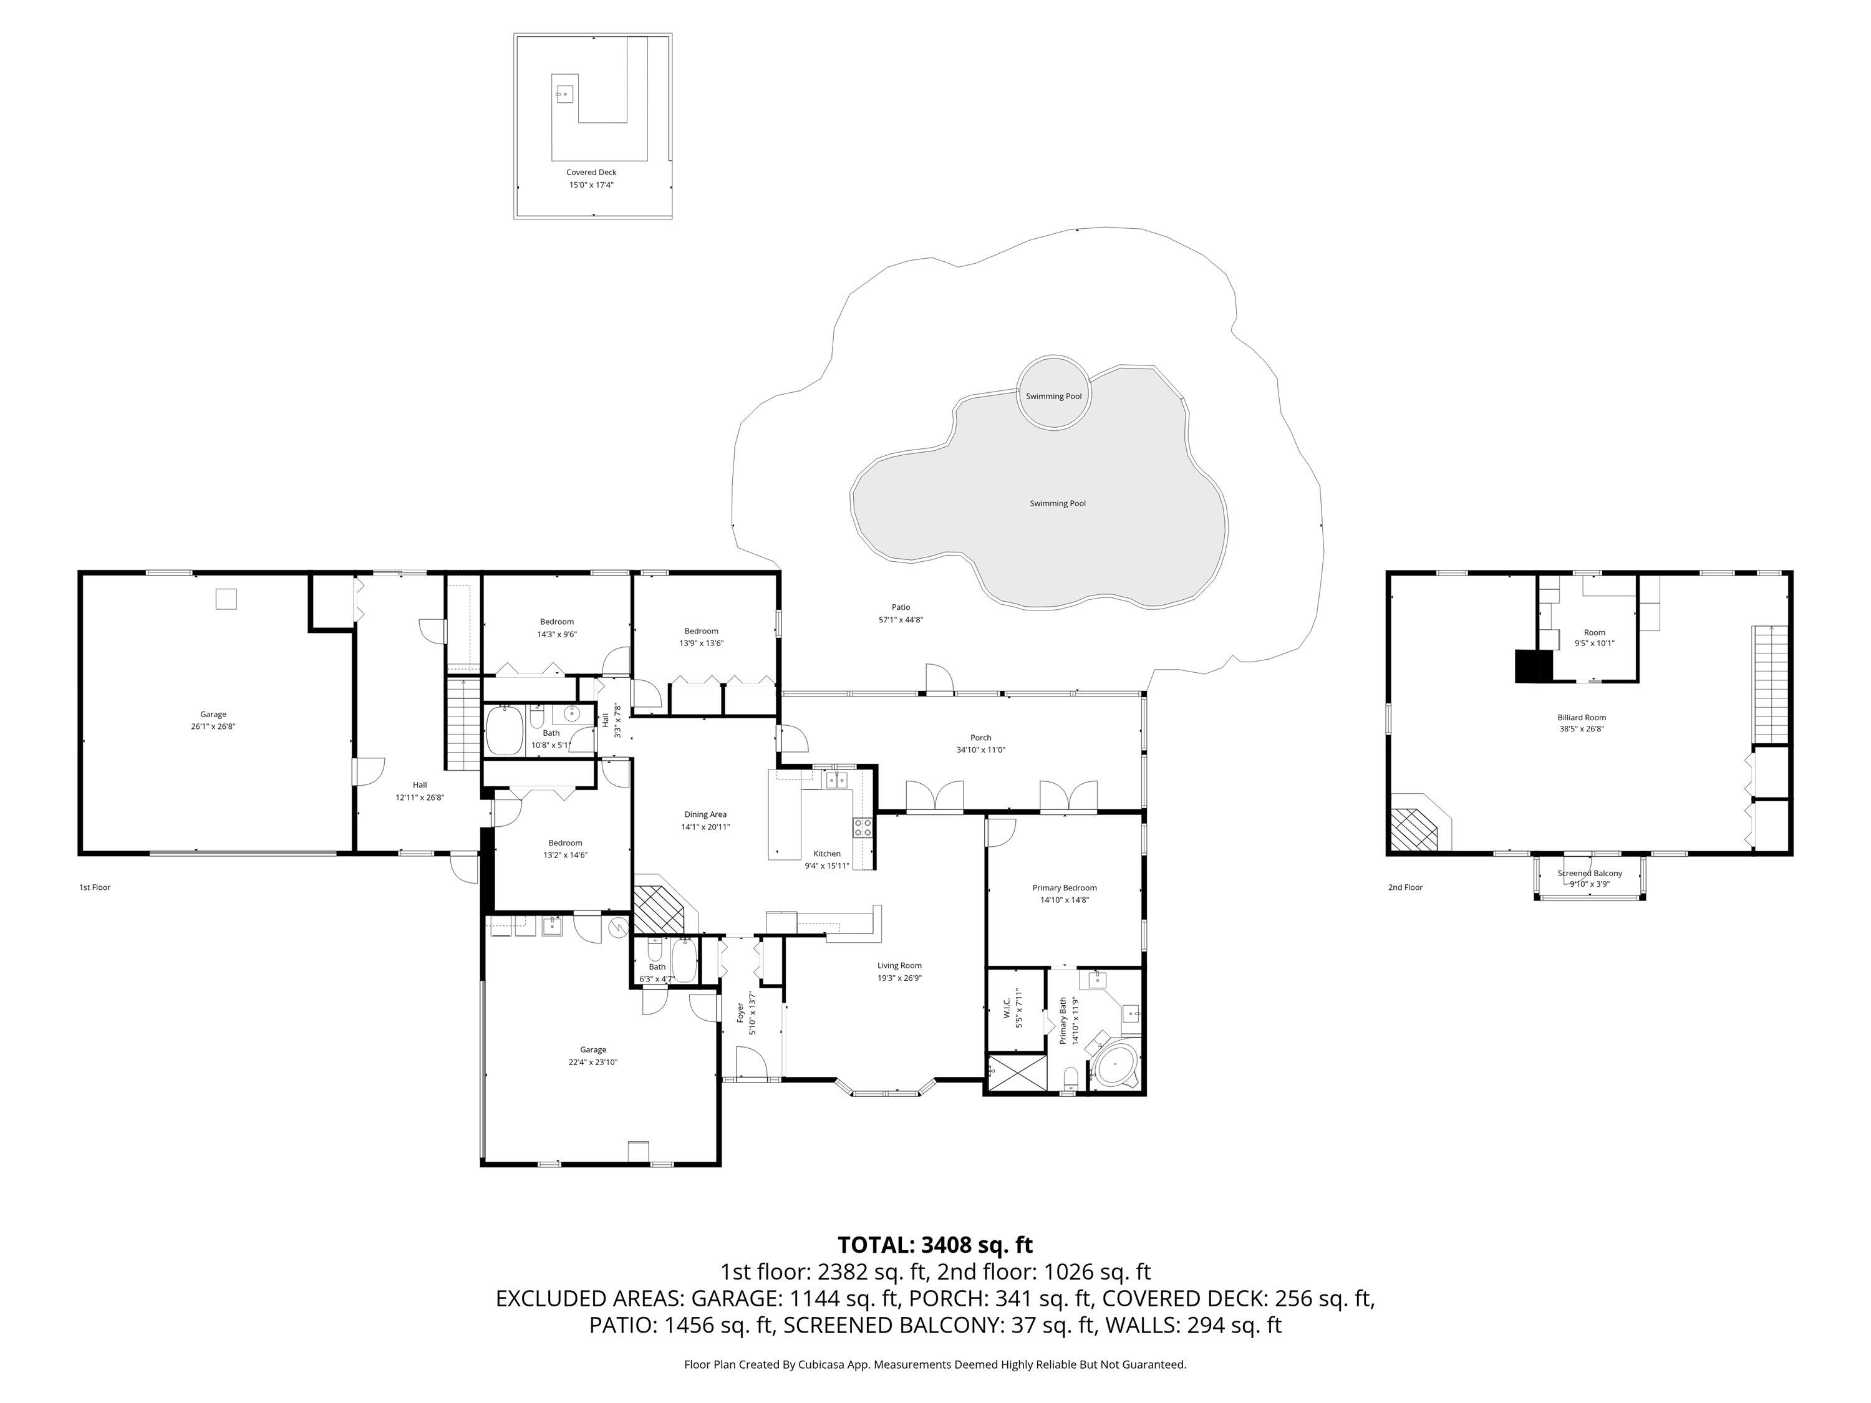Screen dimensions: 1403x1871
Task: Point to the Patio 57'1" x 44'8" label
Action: coord(900,613)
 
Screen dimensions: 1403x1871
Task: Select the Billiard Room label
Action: coord(1581,722)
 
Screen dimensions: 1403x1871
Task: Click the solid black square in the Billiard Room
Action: coord(1534,665)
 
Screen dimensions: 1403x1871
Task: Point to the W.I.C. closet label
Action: coord(1019,1007)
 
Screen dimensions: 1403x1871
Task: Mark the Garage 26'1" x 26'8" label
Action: coord(213,720)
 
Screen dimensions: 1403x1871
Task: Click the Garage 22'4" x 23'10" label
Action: coord(593,1056)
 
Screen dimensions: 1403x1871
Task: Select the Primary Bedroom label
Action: coord(1064,893)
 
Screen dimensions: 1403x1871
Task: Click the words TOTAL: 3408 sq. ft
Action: coord(935,1244)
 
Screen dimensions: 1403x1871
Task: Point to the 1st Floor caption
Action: coord(95,887)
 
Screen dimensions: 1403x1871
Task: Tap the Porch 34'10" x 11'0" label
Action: coord(980,743)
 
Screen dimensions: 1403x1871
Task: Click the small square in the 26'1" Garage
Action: coord(226,599)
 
